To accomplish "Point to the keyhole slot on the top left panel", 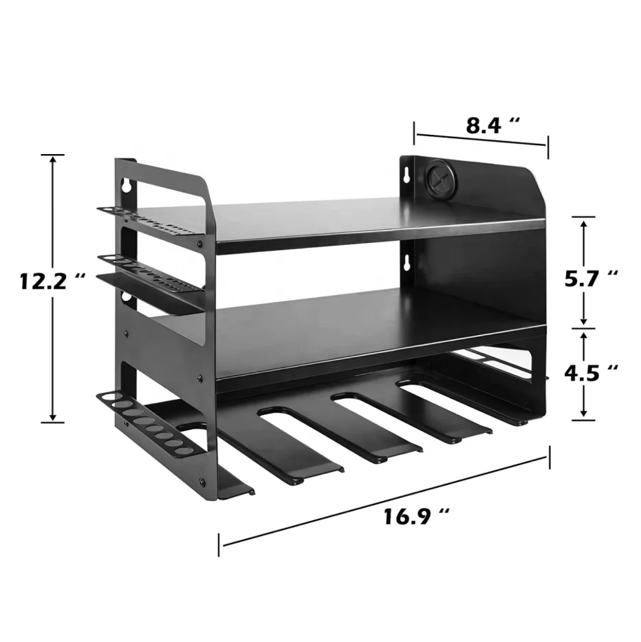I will [x=127, y=185].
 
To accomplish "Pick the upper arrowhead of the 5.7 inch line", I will [x=584, y=222].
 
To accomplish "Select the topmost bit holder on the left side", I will [x=148, y=220].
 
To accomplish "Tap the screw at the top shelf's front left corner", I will [x=200, y=244].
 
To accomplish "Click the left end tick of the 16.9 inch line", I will [x=220, y=544].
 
